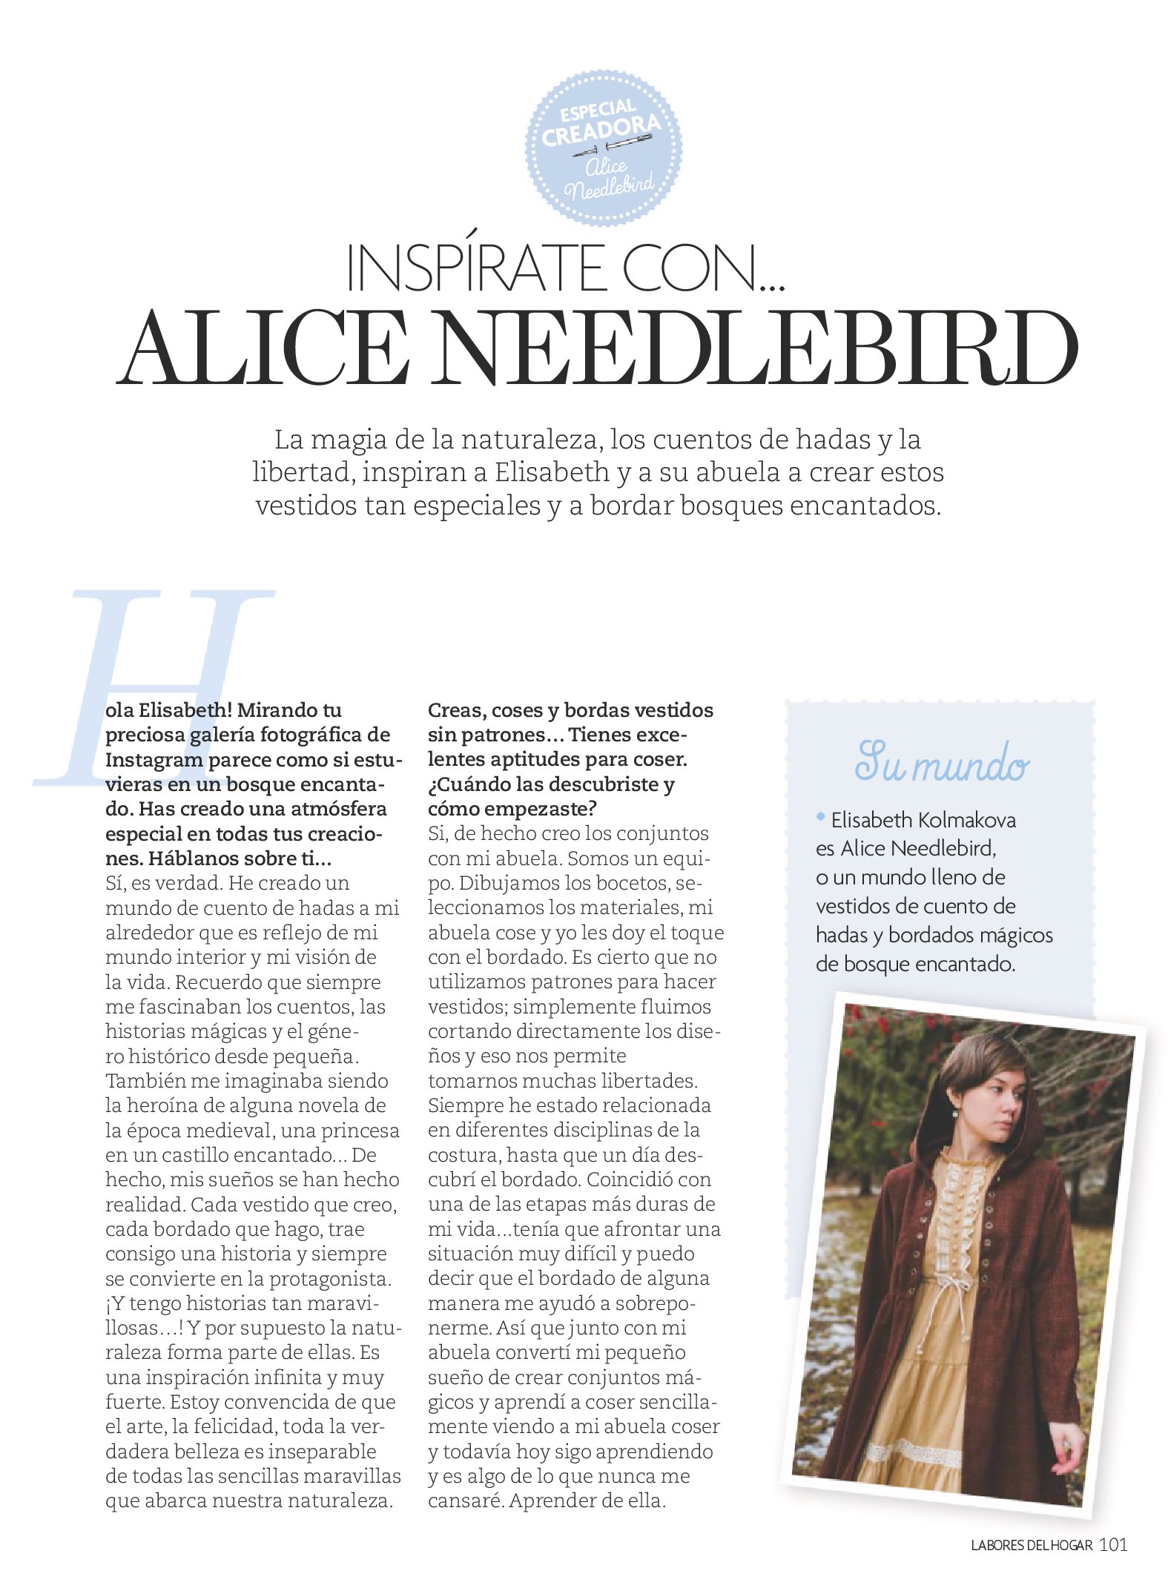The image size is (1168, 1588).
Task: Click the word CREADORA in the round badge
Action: click(600, 131)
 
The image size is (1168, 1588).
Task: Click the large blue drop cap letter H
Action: click(156, 686)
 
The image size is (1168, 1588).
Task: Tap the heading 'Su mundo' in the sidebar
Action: click(941, 763)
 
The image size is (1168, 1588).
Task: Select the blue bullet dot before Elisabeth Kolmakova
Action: click(821, 817)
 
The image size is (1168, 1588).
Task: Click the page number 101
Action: click(1113, 1545)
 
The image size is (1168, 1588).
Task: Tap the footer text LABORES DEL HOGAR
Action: click(1032, 1546)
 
